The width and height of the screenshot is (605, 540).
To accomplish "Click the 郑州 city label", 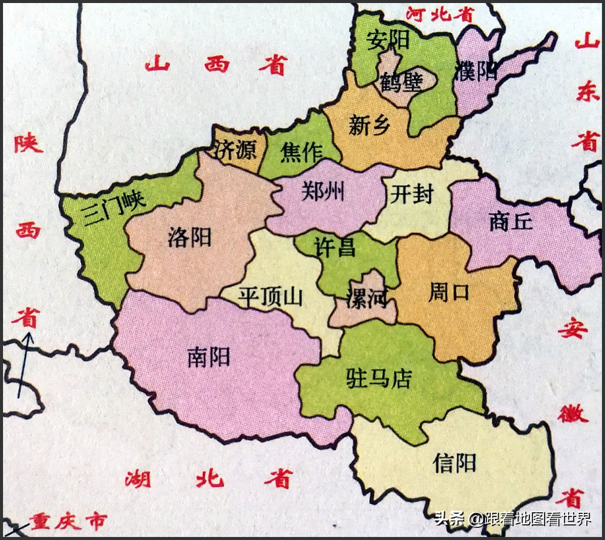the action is click(x=323, y=192).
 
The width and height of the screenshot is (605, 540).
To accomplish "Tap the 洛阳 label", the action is click(x=189, y=237).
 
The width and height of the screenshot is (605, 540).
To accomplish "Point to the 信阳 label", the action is click(x=454, y=463).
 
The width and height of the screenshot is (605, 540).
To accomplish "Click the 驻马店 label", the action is click(x=379, y=379).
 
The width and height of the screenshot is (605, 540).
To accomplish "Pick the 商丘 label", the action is click(x=511, y=222).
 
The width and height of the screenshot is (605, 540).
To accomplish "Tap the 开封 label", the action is click(x=412, y=195).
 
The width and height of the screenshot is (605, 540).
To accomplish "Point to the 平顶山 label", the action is click(x=270, y=297).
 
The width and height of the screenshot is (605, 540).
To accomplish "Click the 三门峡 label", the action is click(x=114, y=207).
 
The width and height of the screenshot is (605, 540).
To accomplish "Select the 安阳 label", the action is click(x=388, y=40).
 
